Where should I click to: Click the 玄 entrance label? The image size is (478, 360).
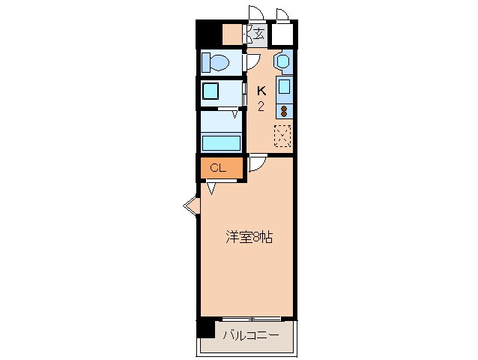pyautogui.click(x=258, y=34)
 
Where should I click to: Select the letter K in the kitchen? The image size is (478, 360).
pyautogui.click(x=261, y=91)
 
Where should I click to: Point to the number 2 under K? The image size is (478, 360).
pyautogui.click(x=261, y=106)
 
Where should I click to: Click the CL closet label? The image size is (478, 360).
pyautogui.click(x=217, y=168)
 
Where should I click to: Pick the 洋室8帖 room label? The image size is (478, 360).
pyautogui.click(x=249, y=238)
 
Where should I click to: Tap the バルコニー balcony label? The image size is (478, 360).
pyautogui.click(x=250, y=335)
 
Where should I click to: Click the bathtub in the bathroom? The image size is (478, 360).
pyautogui.click(x=221, y=142)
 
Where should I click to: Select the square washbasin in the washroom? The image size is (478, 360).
pyautogui.click(x=211, y=92)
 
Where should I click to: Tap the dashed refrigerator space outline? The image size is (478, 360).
pyautogui.click(x=282, y=136)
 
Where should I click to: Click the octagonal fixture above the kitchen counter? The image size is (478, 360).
pyautogui.click(x=283, y=61)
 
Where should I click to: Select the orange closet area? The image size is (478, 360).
pyautogui.click(x=222, y=168)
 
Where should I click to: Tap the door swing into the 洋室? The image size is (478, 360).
pyautogui.click(x=255, y=164)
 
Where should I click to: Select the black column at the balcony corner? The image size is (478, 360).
pyautogui.click(x=205, y=326)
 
